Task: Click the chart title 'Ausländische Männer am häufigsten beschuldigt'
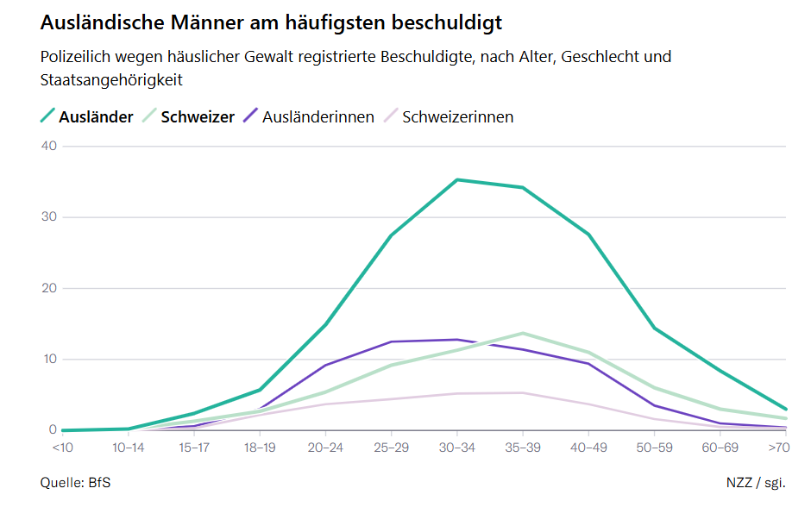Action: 271,22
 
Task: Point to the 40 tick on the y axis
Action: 48,146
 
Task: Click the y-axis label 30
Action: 48,216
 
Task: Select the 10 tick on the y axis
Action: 48,359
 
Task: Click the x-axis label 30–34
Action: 456,447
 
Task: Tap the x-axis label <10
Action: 62,447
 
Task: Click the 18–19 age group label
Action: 260,447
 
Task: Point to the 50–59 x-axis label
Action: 654,447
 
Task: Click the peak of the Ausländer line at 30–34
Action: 456,179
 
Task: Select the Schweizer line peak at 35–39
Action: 523,333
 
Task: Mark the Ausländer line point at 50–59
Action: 654,328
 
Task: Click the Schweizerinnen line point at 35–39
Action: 523,392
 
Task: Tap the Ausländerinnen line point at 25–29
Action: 391,341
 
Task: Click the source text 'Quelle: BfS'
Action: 75,482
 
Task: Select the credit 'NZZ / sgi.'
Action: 756,482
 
